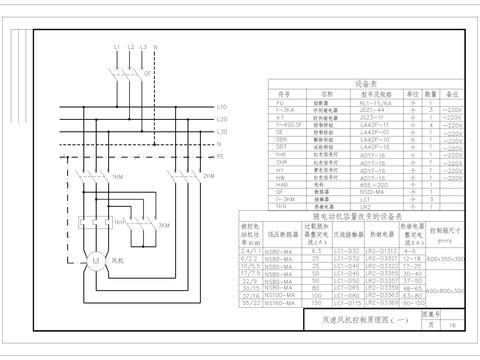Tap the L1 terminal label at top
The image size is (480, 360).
click(116, 47)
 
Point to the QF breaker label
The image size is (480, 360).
click(148, 72)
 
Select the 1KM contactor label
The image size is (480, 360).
click(118, 177)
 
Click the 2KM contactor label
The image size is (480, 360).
click(209, 177)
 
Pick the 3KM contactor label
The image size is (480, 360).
click(164, 226)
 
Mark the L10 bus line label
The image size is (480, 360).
click(222, 106)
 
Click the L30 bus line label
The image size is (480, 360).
click(222, 131)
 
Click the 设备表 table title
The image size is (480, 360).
click(364, 84)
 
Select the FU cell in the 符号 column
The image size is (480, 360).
click(282, 102)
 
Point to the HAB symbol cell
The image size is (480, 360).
click(282, 184)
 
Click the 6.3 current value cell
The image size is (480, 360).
click(315, 251)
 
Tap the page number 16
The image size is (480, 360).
click(452, 325)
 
